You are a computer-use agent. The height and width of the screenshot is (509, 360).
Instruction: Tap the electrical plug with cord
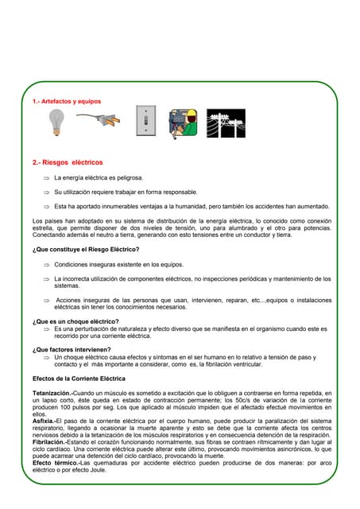(99, 120)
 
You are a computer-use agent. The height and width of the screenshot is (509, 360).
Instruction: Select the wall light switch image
(146, 122)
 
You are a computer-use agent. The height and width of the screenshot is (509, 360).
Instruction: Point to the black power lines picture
(226, 123)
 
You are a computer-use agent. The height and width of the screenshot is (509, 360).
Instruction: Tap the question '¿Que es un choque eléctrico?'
(75, 321)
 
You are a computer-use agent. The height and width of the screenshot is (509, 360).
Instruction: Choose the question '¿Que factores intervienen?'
(72, 349)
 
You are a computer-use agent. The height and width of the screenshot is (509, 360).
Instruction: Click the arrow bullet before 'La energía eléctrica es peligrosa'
(46, 178)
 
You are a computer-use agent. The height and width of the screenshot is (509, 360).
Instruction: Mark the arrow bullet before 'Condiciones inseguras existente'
(46, 264)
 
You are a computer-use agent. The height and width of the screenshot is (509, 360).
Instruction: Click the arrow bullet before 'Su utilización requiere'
(46, 192)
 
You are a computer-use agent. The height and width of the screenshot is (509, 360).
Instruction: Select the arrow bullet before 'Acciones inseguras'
(46, 299)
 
